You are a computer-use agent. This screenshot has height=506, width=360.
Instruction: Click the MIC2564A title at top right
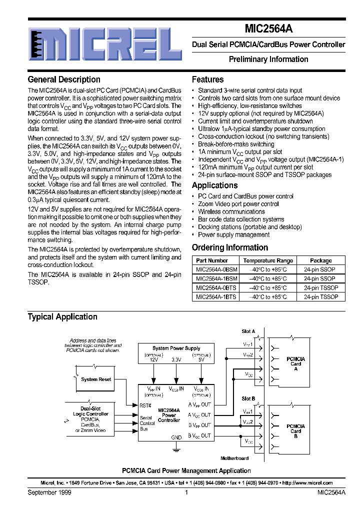pos(268,29)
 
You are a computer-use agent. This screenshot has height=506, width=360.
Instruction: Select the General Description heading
pos(64,79)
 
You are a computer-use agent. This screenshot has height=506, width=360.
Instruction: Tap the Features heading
pos(208,79)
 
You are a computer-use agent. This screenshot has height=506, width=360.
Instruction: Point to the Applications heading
pos(215,185)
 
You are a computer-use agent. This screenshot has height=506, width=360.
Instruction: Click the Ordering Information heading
pos(230,247)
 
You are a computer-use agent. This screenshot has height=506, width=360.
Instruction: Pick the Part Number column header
pos(212,260)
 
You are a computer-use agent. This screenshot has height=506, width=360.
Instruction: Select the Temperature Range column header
pos(268,260)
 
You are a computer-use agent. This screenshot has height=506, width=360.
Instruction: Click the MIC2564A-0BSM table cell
pos(212,269)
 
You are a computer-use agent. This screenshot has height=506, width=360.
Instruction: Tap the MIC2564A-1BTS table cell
pos(212,296)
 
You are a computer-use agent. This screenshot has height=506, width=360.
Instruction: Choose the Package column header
pos(320,260)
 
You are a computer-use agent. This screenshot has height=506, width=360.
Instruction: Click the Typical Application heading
pos(62,316)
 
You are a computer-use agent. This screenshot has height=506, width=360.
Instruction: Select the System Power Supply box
pos(176,348)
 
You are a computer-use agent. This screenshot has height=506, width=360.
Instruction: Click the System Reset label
pos(96,379)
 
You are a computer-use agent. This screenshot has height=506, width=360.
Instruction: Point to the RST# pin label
pos(145,406)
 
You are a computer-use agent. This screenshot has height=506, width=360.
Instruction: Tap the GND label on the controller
pos(176,437)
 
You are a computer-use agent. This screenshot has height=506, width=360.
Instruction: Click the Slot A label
pos(248,331)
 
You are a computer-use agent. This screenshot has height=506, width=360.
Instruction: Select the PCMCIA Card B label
pos(296,430)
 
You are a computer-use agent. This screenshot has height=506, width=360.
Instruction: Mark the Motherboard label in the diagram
pos(234,458)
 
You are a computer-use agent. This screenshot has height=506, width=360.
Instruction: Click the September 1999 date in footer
pos(49,492)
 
